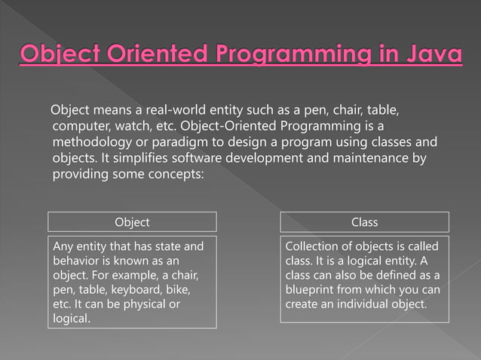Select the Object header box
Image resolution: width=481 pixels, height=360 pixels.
point(132,222)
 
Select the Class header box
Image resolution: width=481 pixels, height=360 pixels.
point(365,222)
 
